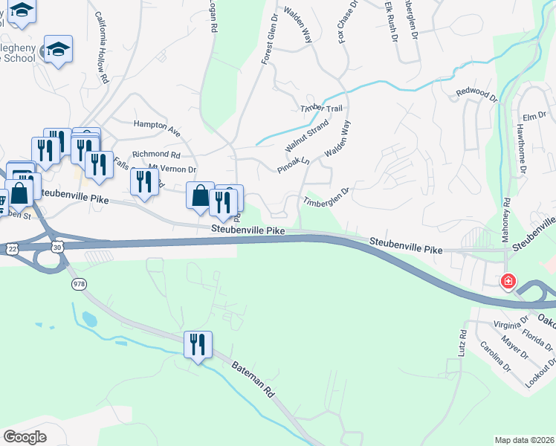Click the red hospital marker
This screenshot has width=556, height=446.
[508, 282]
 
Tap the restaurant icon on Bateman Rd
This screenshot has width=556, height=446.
[198, 345]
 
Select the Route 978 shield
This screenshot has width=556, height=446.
[79, 284]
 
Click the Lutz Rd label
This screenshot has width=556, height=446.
[462, 343]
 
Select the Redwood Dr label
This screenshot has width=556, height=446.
[476, 94]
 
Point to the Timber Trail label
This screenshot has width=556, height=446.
[321, 109]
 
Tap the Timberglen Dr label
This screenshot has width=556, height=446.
[326, 197]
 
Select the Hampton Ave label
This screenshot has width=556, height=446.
[157, 127]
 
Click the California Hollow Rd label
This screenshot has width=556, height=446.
[102, 59]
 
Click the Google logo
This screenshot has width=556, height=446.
[25, 436]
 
